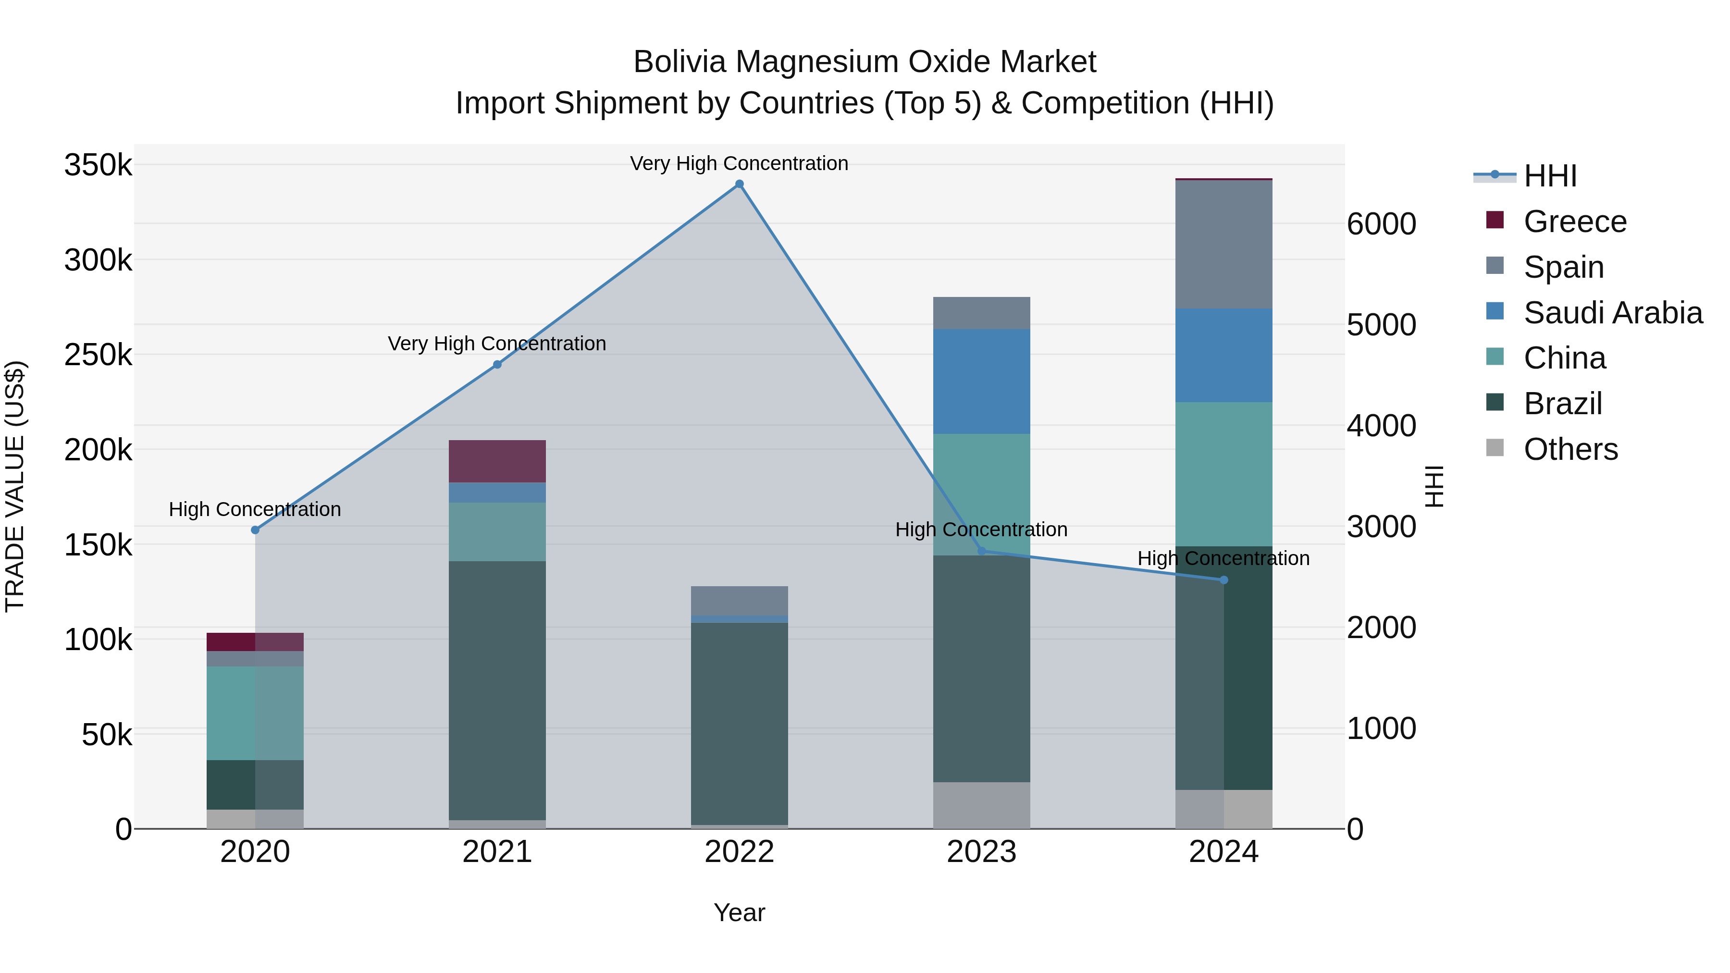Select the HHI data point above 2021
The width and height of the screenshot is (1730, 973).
[x=497, y=365]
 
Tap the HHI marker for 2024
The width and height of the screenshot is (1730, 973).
[x=1223, y=580]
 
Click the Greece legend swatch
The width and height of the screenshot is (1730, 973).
[x=1495, y=220]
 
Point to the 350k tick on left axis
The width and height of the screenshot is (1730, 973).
[x=98, y=165]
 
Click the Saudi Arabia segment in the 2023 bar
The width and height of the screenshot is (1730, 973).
[x=981, y=382]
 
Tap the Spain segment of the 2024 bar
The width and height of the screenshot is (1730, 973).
[x=1223, y=245]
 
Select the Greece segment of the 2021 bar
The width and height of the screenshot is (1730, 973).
[x=497, y=461]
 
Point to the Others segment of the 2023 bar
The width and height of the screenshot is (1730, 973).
[x=981, y=805]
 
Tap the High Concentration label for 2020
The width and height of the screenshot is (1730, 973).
[x=255, y=510]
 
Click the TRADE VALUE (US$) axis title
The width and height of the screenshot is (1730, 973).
[x=15, y=486]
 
